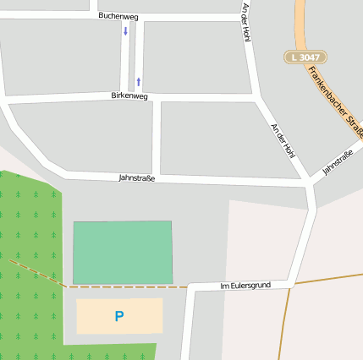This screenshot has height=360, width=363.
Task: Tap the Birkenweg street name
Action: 129,96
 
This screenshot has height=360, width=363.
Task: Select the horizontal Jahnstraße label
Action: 136,178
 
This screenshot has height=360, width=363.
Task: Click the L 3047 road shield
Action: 305,57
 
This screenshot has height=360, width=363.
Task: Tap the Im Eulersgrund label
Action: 245,286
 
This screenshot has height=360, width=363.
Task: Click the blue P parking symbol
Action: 119,316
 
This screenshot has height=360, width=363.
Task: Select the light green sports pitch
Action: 123,252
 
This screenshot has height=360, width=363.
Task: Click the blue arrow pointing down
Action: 126,31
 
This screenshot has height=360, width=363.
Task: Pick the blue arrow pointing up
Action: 138,82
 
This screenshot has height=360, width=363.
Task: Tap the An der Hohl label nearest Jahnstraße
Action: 283,140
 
